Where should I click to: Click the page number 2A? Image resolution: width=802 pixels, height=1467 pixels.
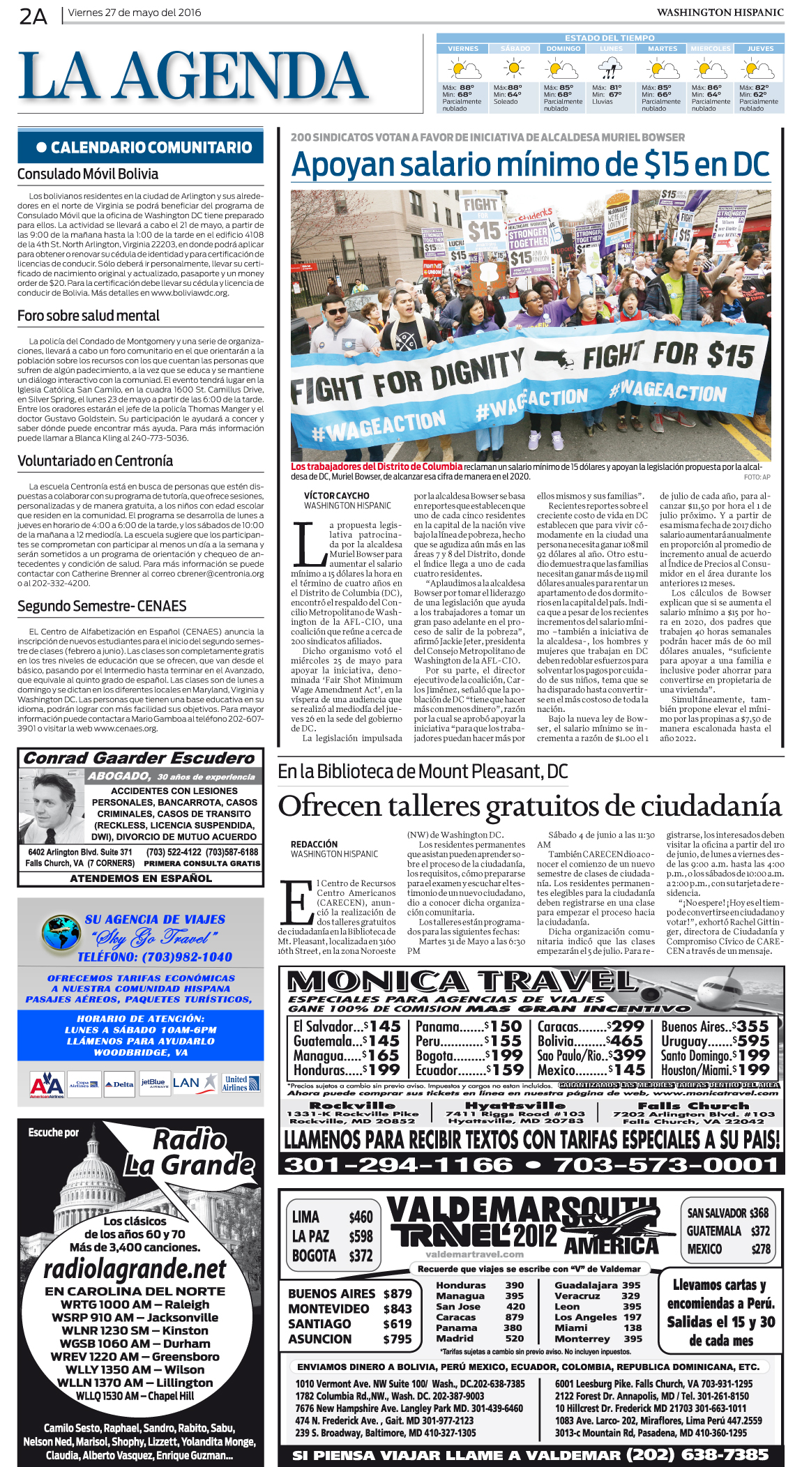click(x=33, y=16)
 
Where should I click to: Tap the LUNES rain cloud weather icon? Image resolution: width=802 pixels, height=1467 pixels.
click(x=611, y=69)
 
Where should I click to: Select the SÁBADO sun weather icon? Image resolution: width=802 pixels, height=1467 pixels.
click(x=514, y=68)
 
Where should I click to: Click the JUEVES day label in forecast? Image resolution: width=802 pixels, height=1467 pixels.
click(x=760, y=49)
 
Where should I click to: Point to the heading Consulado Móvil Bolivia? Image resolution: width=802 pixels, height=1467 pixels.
click(x=88, y=174)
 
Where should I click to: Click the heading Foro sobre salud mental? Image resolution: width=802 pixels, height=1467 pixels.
click(x=89, y=316)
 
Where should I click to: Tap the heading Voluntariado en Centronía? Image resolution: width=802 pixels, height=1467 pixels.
click(x=95, y=461)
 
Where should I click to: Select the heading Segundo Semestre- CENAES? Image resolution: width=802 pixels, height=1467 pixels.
click(x=102, y=606)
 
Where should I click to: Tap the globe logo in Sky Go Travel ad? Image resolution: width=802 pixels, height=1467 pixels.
click(x=61, y=933)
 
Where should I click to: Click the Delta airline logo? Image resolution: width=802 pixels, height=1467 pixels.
click(x=119, y=1084)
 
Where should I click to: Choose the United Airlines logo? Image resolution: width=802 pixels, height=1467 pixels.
click(x=241, y=1083)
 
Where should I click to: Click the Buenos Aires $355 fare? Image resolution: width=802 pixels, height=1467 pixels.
click(x=715, y=1026)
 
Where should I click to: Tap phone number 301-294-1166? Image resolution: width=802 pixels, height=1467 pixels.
click(x=398, y=1164)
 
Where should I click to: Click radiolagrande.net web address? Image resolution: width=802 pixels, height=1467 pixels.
click(x=135, y=1269)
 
